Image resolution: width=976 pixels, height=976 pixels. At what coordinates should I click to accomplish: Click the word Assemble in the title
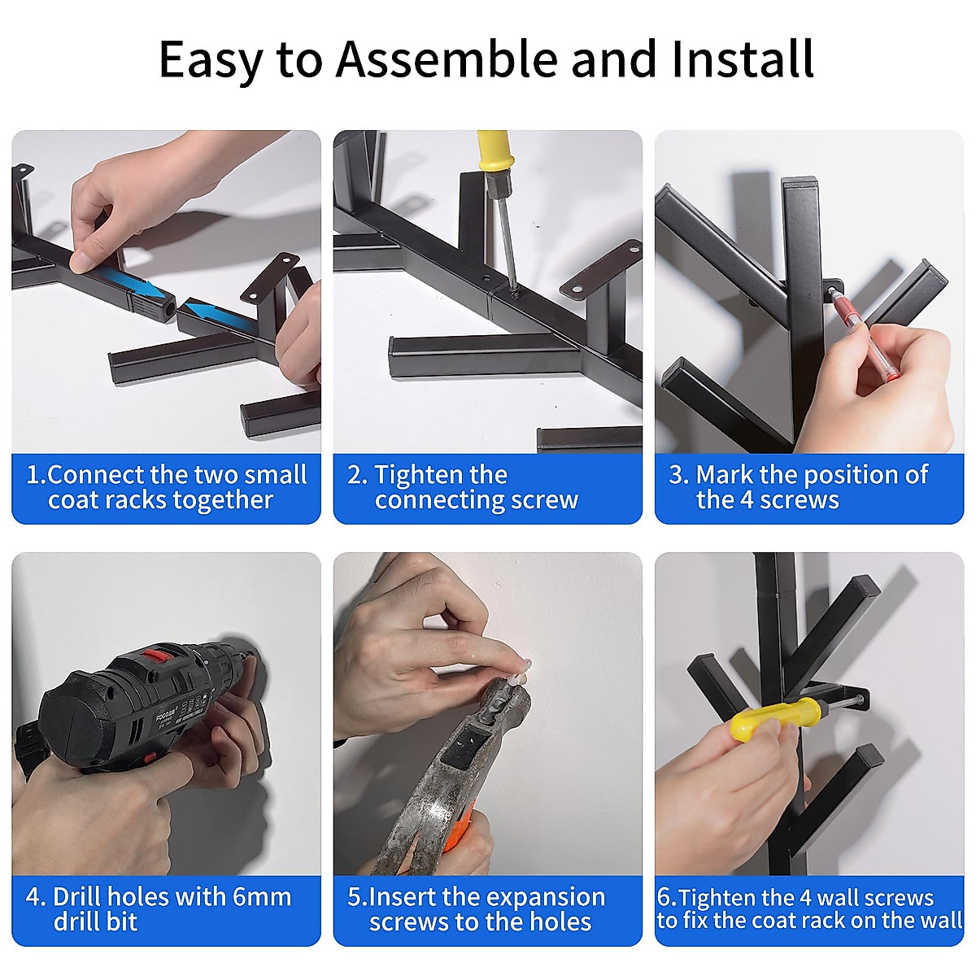point(447,59)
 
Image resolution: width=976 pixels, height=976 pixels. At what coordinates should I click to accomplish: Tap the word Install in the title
point(743,59)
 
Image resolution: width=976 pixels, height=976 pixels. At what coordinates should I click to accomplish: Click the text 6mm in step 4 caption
point(262,897)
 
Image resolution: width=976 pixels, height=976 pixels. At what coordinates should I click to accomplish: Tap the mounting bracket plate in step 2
point(601,267)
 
